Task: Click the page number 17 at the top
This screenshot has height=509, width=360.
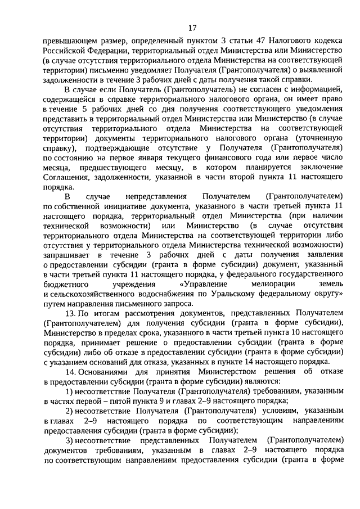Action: [192, 28]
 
